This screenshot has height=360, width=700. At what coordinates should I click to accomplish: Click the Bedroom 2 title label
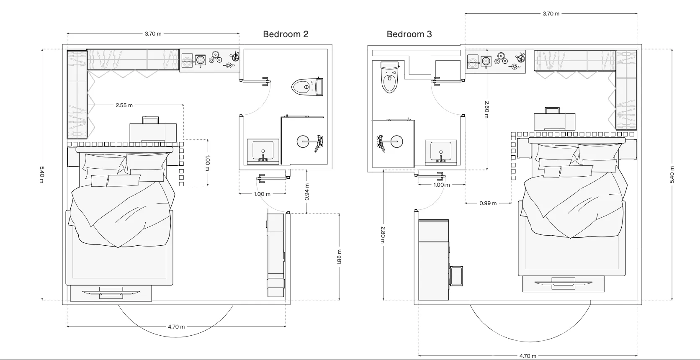tap(286, 34)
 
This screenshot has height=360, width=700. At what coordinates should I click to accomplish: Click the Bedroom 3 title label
tap(409, 34)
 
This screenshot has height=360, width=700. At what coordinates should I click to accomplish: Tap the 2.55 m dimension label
tap(124, 105)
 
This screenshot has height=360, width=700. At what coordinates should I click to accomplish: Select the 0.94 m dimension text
tap(307, 192)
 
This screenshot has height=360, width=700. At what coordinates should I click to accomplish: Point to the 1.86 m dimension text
tap(340, 257)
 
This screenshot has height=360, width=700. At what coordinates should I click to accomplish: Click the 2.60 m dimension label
tap(487, 109)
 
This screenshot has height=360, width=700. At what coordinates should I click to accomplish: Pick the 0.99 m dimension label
tap(488, 203)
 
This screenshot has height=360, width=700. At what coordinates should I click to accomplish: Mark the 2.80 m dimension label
tap(383, 235)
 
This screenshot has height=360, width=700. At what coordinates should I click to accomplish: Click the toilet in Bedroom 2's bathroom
tap(307, 86)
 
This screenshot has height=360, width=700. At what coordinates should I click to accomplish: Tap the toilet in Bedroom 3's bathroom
tap(390, 77)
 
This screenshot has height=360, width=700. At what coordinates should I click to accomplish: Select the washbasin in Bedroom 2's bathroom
tap(263, 151)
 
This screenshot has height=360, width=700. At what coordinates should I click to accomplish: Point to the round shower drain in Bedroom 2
tap(303, 141)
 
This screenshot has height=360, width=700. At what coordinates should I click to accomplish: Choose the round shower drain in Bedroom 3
tap(396, 141)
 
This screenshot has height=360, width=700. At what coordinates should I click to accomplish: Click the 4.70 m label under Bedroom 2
tap(176, 327)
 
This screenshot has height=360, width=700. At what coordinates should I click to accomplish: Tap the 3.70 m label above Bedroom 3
tap(551, 13)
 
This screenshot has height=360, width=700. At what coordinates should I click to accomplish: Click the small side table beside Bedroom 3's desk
tap(456, 276)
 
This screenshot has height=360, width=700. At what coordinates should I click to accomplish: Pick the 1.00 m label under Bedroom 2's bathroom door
tap(262, 194)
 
